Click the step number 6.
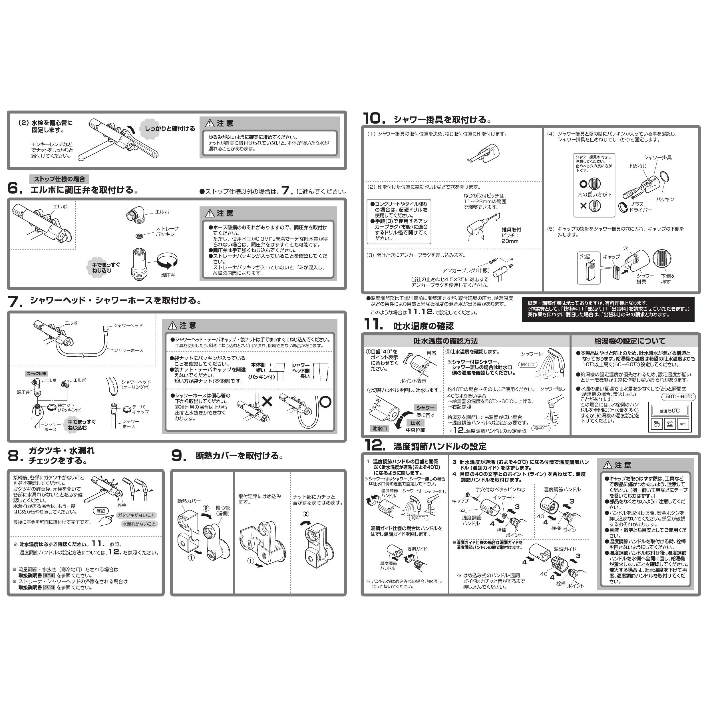pos(14,188)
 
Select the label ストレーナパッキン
pos(168,231)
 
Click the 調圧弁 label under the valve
pos(168,275)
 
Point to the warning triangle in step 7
pos(172,325)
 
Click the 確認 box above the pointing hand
pos(101,511)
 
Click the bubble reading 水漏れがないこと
pos(139,524)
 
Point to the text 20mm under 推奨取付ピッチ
pos(510,241)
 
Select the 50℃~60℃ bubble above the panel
pos(679,397)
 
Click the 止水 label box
pos(415,423)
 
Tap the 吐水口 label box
pos(380,428)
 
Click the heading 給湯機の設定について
pos(635,341)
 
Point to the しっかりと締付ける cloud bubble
pos(169,129)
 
